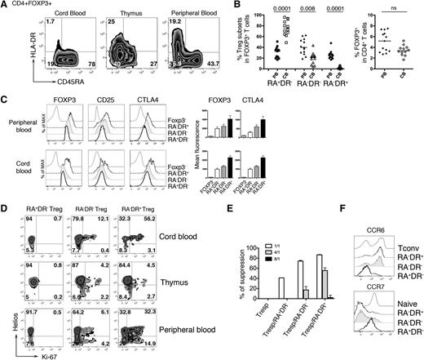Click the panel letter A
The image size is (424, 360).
point(6,7)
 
